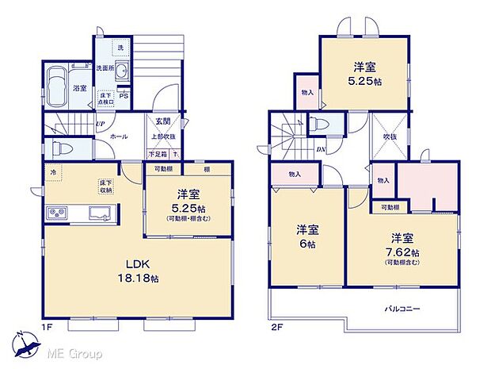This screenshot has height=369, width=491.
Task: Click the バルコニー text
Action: click(403, 308)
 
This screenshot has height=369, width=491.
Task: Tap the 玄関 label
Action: click(162, 121)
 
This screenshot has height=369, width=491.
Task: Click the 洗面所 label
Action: click(106, 68)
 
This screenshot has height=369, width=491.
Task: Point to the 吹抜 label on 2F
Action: click(390, 136)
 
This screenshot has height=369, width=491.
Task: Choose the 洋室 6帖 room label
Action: click(309, 236)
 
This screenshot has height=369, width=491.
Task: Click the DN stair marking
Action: click(322, 148)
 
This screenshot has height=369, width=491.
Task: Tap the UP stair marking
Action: click(101, 124)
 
